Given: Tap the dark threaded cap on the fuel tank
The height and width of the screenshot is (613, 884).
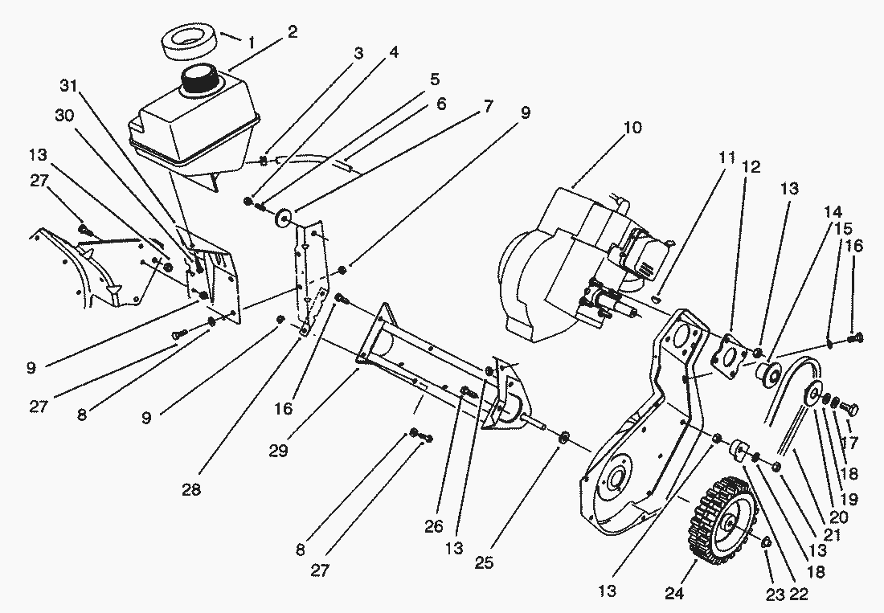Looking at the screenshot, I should click(x=200, y=79).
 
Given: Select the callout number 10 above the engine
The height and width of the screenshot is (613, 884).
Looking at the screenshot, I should click(x=633, y=128).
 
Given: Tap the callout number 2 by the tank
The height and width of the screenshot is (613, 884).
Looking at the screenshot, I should click(x=291, y=32).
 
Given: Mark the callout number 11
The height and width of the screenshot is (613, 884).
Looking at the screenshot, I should click(x=727, y=157).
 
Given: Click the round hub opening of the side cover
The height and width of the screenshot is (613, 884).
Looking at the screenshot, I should click(x=617, y=480).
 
